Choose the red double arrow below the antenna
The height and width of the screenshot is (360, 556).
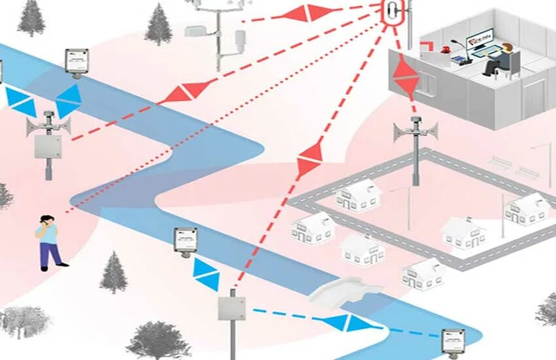tap(406, 77)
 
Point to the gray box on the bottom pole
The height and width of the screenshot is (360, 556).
tap(232, 308)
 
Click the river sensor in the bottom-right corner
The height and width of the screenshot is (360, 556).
tap(453, 340)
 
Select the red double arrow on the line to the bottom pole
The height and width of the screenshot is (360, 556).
tap(309, 159)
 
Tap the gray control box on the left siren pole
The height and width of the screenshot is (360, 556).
tap(48, 145)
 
